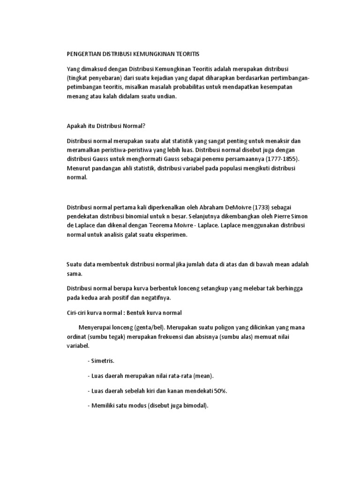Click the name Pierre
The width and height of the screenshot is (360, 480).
pos(272,217)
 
